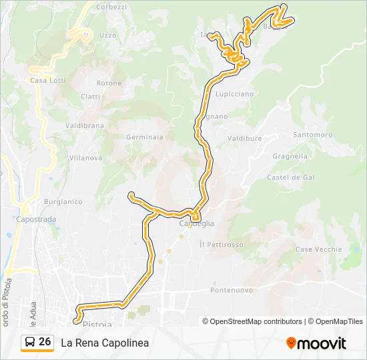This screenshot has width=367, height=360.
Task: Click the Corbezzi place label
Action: coord(111,7)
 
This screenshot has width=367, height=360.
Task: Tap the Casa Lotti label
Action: coord(47,81)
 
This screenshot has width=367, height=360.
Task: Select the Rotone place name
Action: coord(109,83)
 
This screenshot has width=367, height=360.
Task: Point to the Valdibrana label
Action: coord(85,125)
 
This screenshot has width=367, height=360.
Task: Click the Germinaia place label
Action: coord(145,137)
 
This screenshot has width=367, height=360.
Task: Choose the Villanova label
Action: coord(85,158)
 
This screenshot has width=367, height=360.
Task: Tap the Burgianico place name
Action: coord(63,201)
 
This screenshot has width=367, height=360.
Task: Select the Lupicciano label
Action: coord(234,94)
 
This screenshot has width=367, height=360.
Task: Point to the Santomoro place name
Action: coord(312,135)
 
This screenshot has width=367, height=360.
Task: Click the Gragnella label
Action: coord(290,156)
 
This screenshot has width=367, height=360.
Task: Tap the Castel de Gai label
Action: coord(290,177)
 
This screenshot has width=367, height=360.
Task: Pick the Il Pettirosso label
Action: coord(221,245)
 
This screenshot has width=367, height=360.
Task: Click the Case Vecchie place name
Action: coord(318,249)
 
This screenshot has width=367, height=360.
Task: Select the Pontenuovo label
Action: coord(232,290)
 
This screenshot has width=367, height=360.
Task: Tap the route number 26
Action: coord(45,342)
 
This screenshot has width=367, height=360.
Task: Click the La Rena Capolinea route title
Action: coord(105,343)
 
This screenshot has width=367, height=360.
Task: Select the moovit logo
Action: coord(316,343)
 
